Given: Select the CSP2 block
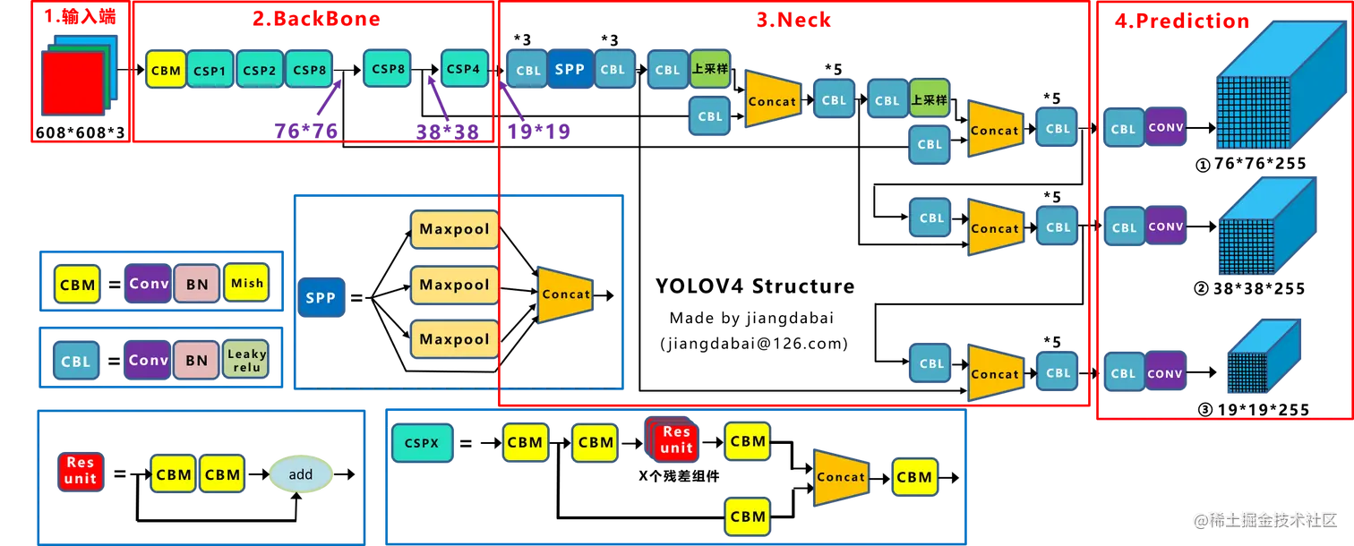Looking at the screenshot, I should [260, 70].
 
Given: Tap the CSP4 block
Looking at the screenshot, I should [463, 69].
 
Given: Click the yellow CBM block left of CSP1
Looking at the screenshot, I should [166, 70].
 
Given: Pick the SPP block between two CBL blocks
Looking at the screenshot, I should [570, 70].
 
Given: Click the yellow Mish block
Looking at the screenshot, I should [246, 283].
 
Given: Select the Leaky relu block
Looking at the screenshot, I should [246, 360].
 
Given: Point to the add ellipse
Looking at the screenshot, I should [301, 474].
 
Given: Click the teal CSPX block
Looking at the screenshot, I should [422, 442].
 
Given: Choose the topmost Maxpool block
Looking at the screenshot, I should [455, 229].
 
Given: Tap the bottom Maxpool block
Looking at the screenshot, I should [455, 340].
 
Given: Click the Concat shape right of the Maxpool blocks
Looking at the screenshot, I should [565, 294].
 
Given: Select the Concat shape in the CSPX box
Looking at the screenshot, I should [840, 477].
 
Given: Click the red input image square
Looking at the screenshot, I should [73, 82].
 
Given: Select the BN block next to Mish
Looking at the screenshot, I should [197, 284].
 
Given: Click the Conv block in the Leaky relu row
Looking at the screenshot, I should [148, 361].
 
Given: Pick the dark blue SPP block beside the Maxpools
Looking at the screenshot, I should [321, 297].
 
